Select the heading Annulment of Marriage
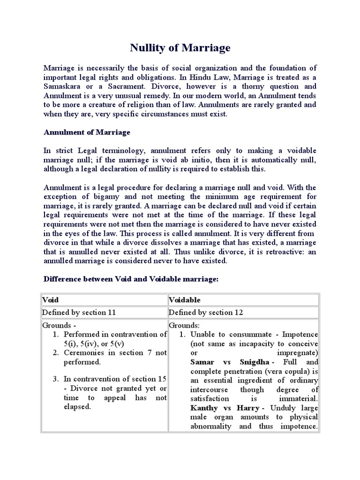(x=87, y=132)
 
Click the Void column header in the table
(x=51, y=300)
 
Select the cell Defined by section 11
(x=79, y=312)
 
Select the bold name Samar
(x=203, y=362)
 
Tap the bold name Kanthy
(x=205, y=408)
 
